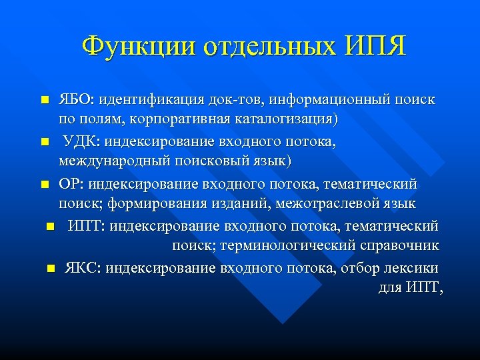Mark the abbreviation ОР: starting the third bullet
tap(71, 183)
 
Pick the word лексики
tap(412, 267)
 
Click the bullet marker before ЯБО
tap(44, 100)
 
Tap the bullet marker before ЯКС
tap(51, 268)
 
